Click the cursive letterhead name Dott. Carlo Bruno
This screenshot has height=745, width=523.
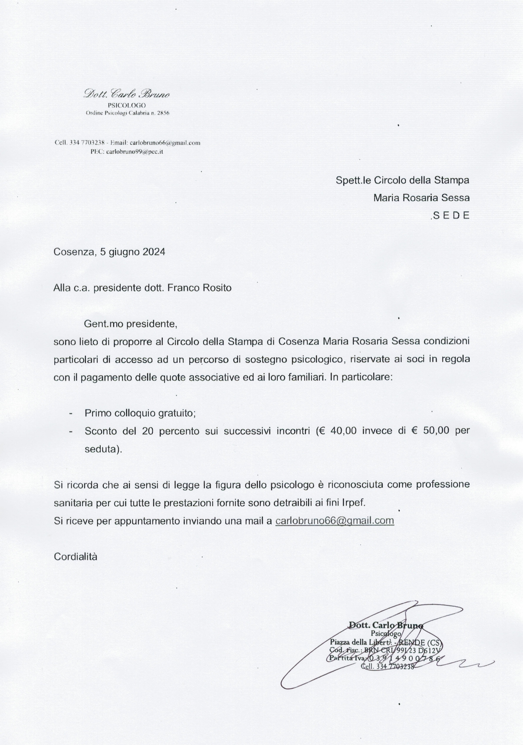coord(126,94)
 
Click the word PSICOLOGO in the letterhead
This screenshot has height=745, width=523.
coord(127,105)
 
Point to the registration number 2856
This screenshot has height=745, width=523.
coord(163,113)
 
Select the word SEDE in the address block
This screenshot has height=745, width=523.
coord(451,216)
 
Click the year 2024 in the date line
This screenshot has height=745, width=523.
coord(154,252)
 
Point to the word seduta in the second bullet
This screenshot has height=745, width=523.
coord(101,449)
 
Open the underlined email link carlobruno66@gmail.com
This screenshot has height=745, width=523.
coord(335,521)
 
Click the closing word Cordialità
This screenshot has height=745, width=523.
coord(76,557)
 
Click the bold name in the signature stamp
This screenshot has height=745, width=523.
coord(385,625)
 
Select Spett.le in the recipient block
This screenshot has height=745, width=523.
coord(353,180)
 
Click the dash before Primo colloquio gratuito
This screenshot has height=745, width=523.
coord(70,413)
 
